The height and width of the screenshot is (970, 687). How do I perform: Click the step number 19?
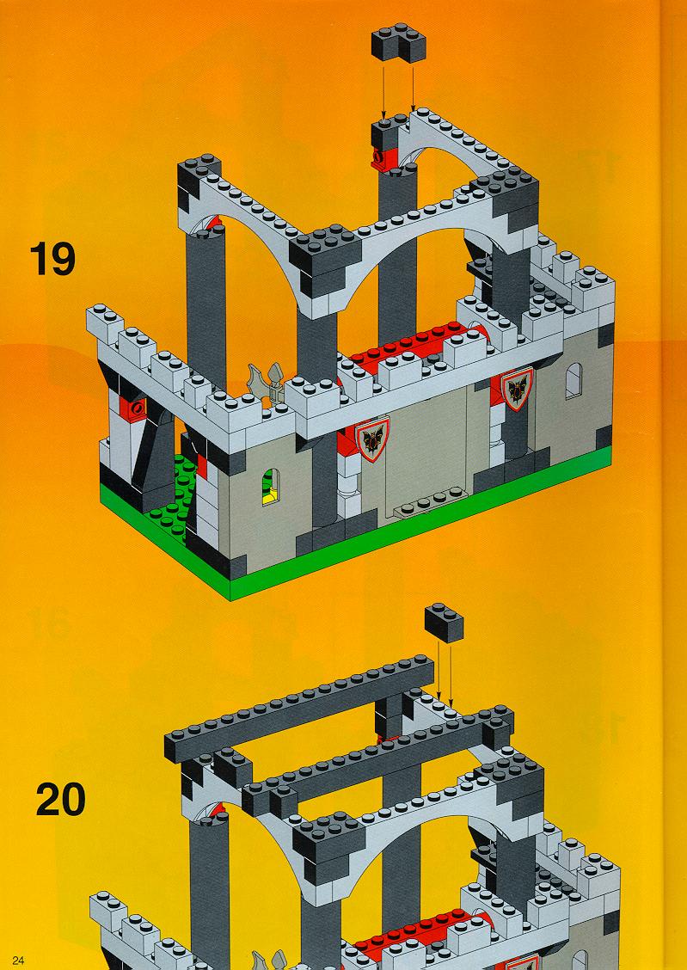tap(52, 259)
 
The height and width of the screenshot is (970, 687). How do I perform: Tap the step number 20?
tap(60, 799)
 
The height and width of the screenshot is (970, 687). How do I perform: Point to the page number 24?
tap(17, 960)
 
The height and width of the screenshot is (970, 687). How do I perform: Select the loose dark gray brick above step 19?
tap(399, 42)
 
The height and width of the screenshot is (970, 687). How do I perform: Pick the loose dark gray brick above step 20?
tap(444, 623)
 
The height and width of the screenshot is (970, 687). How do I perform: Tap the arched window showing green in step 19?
tap(270, 486)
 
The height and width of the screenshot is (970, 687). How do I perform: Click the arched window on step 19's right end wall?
tap(574, 380)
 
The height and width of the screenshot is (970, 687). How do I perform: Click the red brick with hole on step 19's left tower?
tap(132, 408)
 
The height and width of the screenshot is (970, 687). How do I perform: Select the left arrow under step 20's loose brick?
tap(439, 671)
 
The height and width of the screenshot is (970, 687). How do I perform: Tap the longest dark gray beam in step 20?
tap(299, 709)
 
